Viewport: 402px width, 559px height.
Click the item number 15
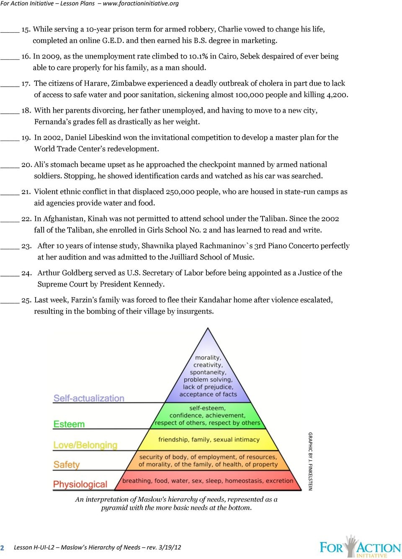(26, 30)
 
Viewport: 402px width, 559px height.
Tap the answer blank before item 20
(10, 167)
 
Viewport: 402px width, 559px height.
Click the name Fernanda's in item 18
(52, 122)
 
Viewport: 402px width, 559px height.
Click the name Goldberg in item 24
(77, 273)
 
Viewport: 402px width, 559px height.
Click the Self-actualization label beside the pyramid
(89, 398)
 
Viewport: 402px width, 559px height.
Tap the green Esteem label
(69, 424)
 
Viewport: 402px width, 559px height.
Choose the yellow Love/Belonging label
(85, 445)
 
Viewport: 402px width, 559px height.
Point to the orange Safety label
(66, 465)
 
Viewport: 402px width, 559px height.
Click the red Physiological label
(80, 485)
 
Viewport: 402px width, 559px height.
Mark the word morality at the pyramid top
(208, 358)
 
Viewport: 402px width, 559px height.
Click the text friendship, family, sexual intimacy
(209, 440)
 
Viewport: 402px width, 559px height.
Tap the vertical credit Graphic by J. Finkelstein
(310, 461)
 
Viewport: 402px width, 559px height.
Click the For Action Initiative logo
(360, 547)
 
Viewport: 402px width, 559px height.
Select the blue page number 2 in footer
(3, 548)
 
